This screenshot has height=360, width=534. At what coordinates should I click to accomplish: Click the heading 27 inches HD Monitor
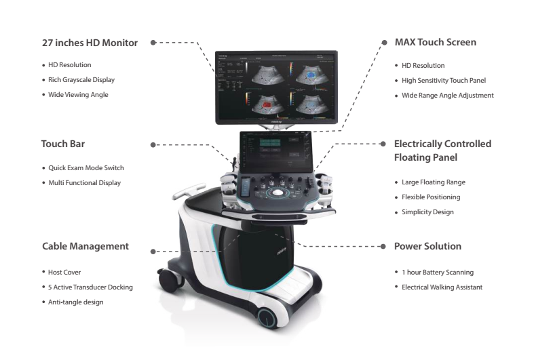[90, 43]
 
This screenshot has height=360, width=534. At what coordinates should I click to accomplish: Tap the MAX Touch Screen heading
[435, 42]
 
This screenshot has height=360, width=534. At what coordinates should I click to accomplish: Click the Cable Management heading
[85, 246]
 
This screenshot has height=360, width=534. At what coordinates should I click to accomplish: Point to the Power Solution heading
[427, 246]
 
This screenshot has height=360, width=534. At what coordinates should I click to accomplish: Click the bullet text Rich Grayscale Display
[82, 80]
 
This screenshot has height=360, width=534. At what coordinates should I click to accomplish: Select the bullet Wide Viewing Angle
[78, 94]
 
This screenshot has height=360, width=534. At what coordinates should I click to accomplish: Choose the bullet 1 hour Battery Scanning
[437, 273]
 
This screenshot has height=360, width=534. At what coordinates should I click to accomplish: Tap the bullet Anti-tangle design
[75, 302]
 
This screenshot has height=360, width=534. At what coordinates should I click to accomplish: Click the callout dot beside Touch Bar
[154, 144]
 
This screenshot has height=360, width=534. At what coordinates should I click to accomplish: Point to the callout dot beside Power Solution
[383, 246]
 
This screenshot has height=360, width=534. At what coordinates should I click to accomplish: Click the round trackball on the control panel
[277, 193]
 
